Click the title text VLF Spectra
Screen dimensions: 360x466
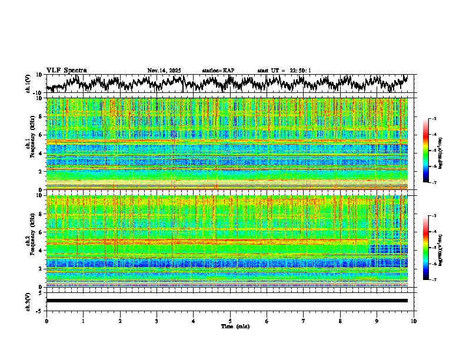tap(66, 70)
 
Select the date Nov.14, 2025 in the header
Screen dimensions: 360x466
tap(164, 71)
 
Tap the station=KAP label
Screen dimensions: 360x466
tap(218, 71)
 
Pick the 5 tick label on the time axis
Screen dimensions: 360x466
tap(230, 321)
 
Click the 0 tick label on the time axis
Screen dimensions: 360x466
tap(46, 321)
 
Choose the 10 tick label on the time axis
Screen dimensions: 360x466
tap(414, 321)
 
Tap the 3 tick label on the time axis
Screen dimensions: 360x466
tap(157, 321)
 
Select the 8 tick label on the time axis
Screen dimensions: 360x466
tap(340, 321)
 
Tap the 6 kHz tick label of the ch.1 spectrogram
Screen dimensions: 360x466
tap(41, 135)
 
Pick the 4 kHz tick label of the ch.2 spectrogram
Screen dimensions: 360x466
tap(41, 250)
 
